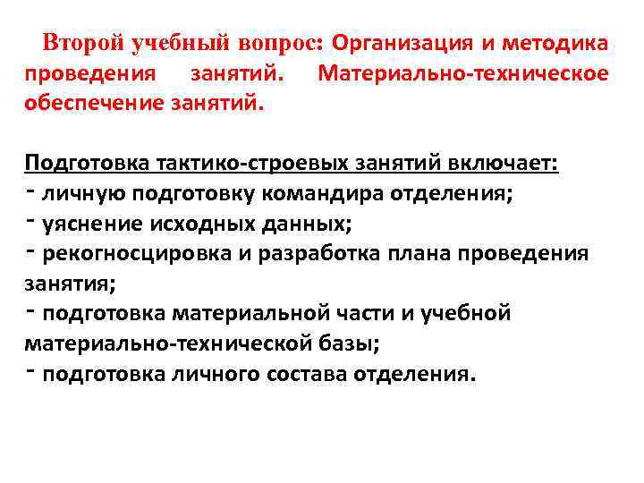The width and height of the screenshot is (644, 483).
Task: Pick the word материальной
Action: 240,314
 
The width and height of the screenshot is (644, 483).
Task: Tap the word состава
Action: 309,374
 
